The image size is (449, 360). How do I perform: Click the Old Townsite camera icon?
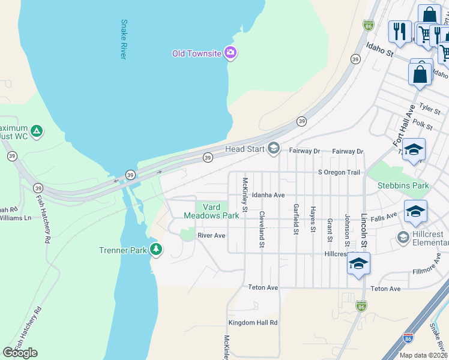pos(230,53)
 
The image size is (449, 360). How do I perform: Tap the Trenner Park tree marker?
pos(156,249)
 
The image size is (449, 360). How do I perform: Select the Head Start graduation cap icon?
pos(274,148)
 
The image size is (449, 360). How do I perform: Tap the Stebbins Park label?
pos(403,185)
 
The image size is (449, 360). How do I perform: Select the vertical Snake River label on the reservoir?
pos(124,40)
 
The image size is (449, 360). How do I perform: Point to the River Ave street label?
pos(211,236)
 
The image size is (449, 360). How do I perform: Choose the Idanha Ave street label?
pos(268,195)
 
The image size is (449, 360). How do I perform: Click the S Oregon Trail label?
pos(339,172)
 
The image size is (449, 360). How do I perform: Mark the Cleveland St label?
pos(262,229)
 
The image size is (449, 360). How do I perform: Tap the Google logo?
pos(20,353)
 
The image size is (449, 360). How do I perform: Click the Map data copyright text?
pos(423,355)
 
